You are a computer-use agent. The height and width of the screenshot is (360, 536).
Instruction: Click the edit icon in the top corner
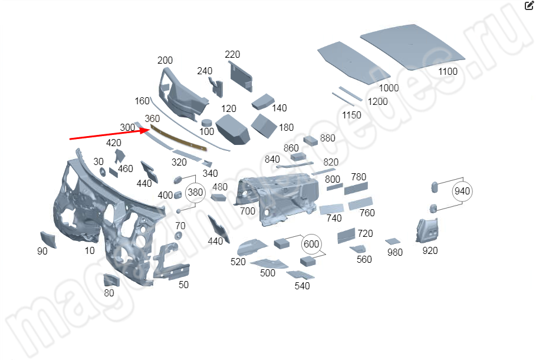pyautogui.click(x=529, y=5)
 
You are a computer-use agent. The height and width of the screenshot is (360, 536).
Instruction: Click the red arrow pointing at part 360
pyautogui.click(x=110, y=134)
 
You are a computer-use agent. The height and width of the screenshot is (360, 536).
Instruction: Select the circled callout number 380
pyautogui.click(x=195, y=192)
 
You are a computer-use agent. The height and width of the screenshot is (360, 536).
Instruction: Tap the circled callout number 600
pyautogui.click(x=311, y=244)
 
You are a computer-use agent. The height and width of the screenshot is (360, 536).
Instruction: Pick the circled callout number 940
pyautogui.click(x=462, y=191)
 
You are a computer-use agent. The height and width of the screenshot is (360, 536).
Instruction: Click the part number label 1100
pyautogui.click(x=448, y=71)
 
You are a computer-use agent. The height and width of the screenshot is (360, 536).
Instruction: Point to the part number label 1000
pyautogui.click(x=389, y=88)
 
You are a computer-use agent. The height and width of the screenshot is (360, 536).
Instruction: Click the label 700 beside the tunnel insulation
pyautogui.click(x=248, y=211)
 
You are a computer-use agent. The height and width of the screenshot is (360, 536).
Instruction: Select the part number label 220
pyautogui.click(x=232, y=54)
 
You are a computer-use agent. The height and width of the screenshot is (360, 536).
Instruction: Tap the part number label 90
pyautogui.click(x=42, y=251)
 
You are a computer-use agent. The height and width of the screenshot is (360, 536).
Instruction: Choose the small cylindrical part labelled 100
pyautogui.click(x=206, y=123)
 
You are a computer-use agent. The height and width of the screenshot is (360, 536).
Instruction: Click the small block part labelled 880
pyautogui.click(x=310, y=140)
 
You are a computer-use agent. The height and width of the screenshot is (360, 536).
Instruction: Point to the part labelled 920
pyautogui.click(x=428, y=230)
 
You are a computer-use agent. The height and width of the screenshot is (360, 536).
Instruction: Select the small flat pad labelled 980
pyautogui.click(x=393, y=242)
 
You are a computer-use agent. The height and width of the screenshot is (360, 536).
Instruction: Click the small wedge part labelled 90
pyautogui.click(x=48, y=239)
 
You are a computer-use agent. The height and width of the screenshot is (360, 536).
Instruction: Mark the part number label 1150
pyautogui.click(x=351, y=115)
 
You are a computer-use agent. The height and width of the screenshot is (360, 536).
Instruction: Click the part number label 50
pyautogui.click(x=183, y=285)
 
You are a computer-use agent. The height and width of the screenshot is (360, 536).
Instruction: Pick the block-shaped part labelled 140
pyautogui.click(x=263, y=101)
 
